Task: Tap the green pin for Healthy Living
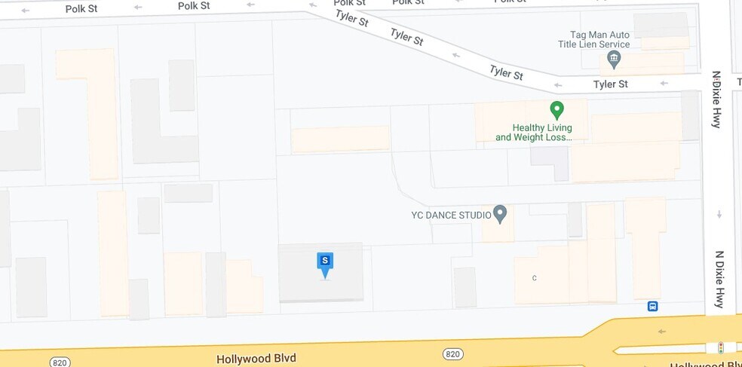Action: (556, 110)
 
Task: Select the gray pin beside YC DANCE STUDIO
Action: (499, 214)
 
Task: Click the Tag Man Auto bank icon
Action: (614, 58)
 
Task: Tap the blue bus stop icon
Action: (652, 306)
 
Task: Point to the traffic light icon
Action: (720, 347)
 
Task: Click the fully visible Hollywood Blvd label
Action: (256, 359)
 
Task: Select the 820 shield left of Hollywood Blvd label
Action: (60, 362)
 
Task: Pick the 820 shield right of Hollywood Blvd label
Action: (452, 354)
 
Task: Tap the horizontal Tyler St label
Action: (610, 84)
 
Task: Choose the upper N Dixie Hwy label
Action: (716, 99)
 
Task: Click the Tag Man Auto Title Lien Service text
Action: (599, 39)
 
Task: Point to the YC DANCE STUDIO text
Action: (451, 215)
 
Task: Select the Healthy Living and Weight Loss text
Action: (533, 133)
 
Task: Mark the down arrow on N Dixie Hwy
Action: (719, 215)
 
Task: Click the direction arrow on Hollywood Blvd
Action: (661, 332)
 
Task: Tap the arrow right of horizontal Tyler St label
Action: (664, 84)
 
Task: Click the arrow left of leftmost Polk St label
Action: (26, 11)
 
